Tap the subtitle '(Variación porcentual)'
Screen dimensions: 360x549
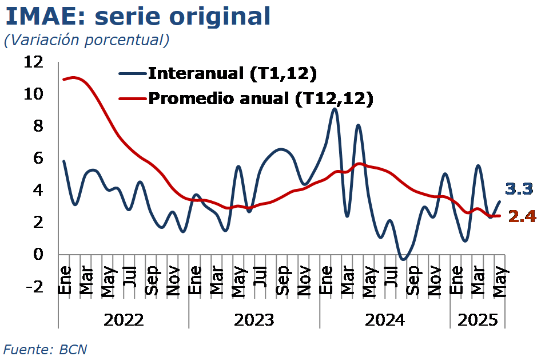tap(86, 40)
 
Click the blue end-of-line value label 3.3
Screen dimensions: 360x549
tap(519, 188)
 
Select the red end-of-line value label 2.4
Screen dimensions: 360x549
tap(521, 216)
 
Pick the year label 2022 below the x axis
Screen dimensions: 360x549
tap(124, 319)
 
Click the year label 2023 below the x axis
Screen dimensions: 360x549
tap(254, 319)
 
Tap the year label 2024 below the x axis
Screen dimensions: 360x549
tap(384, 319)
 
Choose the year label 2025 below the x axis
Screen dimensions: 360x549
tap(477, 319)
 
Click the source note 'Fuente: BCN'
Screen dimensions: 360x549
tap(46, 349)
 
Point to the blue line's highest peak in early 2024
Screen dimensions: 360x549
tap(335, 109)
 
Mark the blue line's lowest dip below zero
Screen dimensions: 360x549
tap(403, 259)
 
